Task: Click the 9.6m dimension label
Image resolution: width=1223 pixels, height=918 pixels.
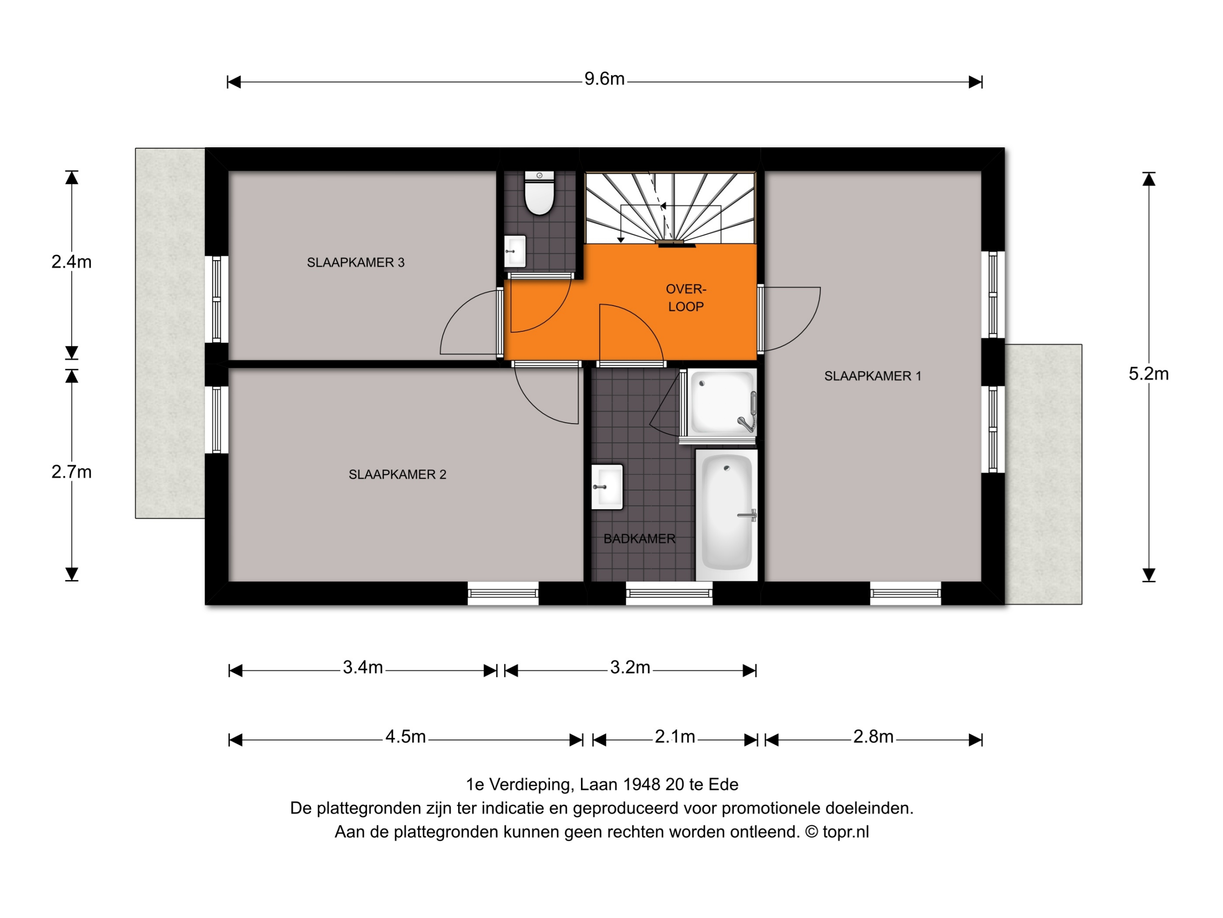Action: [x=604, y=79]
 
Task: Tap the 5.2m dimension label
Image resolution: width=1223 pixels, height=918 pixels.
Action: [x=1148, y=374]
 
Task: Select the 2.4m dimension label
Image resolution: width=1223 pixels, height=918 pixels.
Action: [x=71, y=262]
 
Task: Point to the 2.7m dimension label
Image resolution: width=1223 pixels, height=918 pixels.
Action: [x=71, y=472]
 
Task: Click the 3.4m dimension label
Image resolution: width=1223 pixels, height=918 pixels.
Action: [x=363, y=667]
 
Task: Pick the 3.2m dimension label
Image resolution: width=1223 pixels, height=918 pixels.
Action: [x=630, y=667]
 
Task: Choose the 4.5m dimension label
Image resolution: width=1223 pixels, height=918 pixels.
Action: [x=405, y=736]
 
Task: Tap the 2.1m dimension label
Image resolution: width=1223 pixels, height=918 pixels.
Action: [x=675, y=736]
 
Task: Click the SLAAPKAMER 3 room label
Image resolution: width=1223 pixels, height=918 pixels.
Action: [x=355, y=263]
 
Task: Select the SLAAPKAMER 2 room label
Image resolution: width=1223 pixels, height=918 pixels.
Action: [x=397, y=475]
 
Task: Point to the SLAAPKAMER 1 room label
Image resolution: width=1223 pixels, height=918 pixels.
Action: [x=872, y=376]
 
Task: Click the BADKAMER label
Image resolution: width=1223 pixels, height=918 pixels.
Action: [x=639, y=539]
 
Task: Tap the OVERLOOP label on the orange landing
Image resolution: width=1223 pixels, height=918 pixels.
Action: [x=686, y=298]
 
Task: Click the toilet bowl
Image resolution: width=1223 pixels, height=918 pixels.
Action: [x=539, y=193]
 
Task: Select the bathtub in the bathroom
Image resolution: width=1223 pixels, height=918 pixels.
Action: [x=726, y=515]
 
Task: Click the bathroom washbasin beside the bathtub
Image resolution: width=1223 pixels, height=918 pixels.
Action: [x=607, y=487]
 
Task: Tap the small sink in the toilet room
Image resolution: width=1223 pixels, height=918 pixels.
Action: [x=515, y=252]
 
